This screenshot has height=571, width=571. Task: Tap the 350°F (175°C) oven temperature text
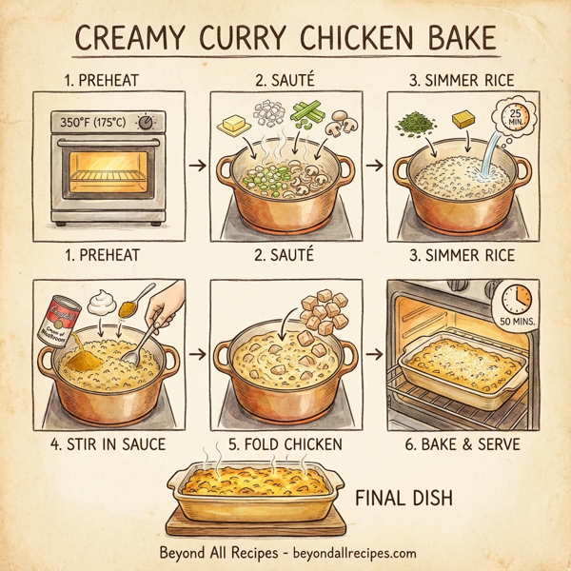(x=95, y=123)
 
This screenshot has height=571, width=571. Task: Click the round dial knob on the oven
(x=146, y=123)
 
